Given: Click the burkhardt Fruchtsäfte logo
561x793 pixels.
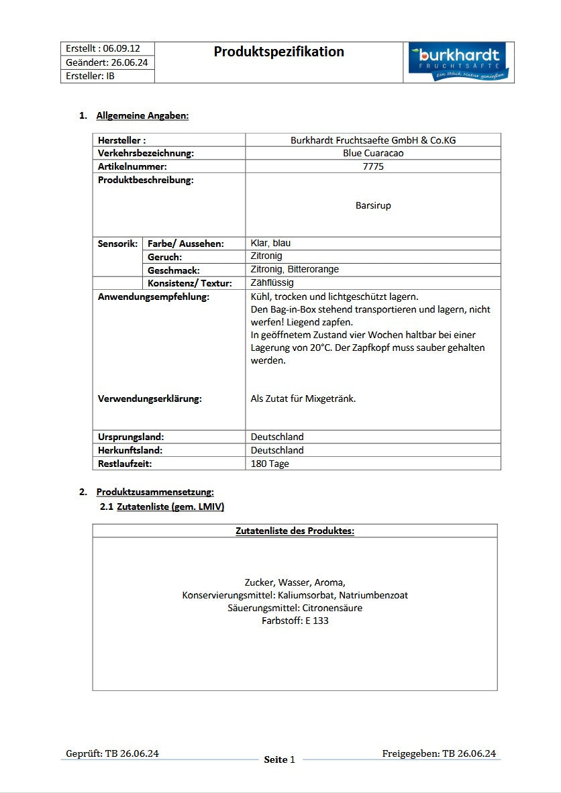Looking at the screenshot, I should (459, 62).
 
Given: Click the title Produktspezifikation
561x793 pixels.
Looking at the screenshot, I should (278, 52).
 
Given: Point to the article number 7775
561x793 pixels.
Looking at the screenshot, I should (373, 166).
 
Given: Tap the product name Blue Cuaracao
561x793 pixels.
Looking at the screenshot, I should (373, 153).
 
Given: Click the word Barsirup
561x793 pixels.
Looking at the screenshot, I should (373, 205).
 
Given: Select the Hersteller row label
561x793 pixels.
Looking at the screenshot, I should (122, 140).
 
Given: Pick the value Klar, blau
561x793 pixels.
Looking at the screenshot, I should (270, 243).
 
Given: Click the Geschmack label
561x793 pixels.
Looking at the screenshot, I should (174, 270).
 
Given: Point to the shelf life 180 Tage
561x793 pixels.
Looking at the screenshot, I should (270, 464).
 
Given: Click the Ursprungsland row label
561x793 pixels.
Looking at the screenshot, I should (131, 437).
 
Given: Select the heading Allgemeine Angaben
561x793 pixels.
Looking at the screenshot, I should (142, 115).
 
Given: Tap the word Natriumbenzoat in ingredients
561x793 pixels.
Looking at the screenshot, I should (373, 595).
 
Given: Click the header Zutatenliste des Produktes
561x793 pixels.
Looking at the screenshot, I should (295, 531).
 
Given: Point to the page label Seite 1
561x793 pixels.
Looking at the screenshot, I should (279, 759).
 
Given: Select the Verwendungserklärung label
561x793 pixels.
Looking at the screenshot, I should (150, 399).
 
